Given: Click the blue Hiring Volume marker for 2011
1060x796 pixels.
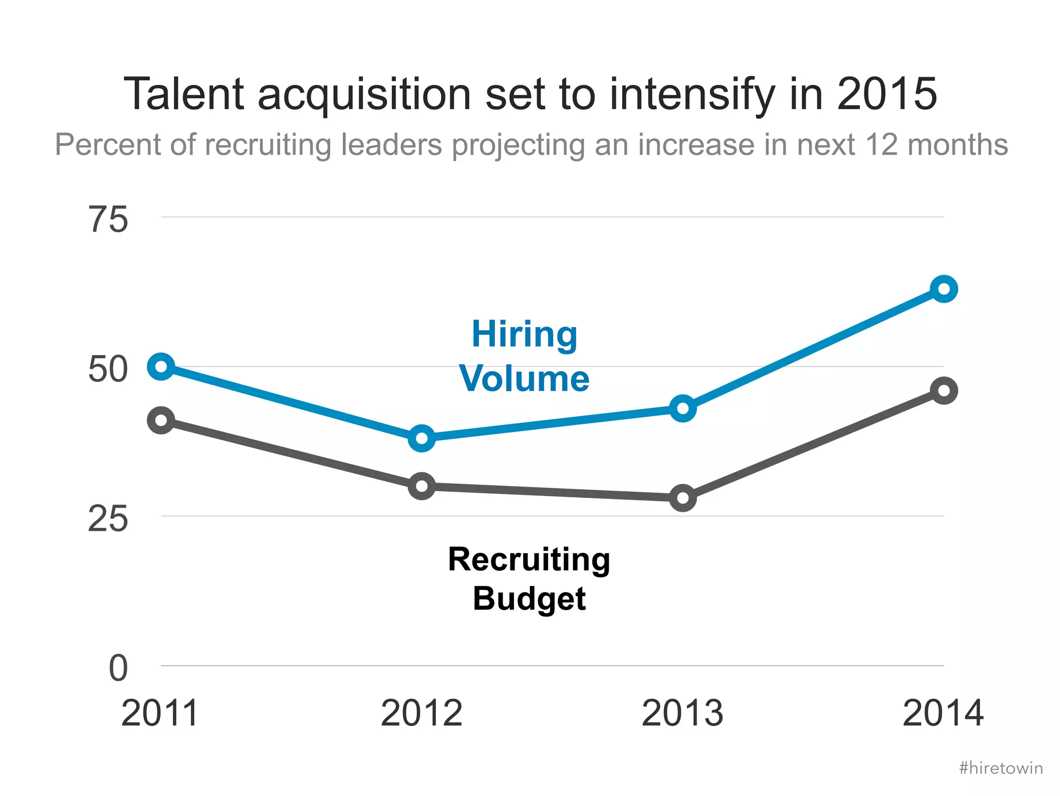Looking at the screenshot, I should [161, 366].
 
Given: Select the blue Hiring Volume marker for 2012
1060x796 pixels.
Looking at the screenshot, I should [422, 438].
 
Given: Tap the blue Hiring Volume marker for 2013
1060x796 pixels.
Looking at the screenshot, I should [683, 408].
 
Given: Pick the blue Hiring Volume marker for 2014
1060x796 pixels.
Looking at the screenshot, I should [944, 289].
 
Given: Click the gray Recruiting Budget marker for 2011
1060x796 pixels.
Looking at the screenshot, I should [161, 420].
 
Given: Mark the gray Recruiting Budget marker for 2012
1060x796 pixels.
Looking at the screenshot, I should [422, 485].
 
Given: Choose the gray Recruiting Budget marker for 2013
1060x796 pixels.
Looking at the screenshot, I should [683, 498].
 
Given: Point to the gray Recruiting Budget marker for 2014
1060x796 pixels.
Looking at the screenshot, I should [944, 390].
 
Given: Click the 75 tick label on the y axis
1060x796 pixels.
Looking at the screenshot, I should [108, 220].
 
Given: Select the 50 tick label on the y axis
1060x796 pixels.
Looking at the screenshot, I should [108, 370].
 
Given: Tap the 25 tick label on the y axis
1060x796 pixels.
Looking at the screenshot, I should [108, 519].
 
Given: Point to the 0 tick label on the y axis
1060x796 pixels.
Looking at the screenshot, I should [118, 668].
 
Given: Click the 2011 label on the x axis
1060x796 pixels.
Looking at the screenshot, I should [160, 713].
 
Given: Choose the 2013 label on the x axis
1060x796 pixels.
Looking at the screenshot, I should [682, 713].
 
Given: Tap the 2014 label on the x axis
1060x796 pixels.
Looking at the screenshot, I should [943, 713].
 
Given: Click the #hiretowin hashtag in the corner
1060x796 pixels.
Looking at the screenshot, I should [1000, 768].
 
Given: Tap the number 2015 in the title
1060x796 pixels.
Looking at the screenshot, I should [887, 94].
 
